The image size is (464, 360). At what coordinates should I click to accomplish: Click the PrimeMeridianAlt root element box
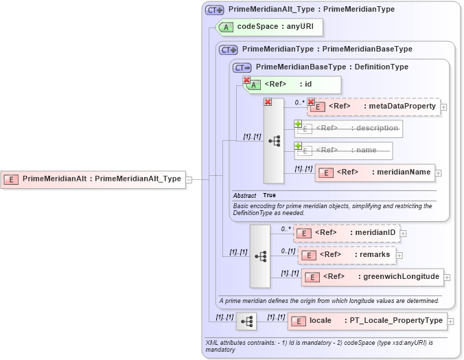click(93, 179)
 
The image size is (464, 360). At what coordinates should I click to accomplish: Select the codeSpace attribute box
click(269, 27)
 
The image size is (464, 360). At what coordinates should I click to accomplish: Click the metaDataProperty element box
click(374, 106)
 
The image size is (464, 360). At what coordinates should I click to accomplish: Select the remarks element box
click(347, 255)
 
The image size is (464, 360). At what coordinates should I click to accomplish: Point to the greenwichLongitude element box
click(372, 277)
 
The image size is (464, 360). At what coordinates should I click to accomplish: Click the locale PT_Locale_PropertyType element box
click(367, 321)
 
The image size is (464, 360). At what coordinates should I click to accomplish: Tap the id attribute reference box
click(283, 85)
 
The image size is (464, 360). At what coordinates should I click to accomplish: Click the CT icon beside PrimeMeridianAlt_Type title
click(215, 10)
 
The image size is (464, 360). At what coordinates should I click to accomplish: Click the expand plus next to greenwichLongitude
click(448, 278)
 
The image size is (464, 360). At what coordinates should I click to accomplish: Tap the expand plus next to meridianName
click(439, 173)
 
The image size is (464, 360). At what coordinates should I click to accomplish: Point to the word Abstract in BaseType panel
click(244, 195)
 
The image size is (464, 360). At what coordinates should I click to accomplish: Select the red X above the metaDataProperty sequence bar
click(268, 102)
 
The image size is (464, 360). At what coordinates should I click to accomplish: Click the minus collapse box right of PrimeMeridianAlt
click(189, 180)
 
